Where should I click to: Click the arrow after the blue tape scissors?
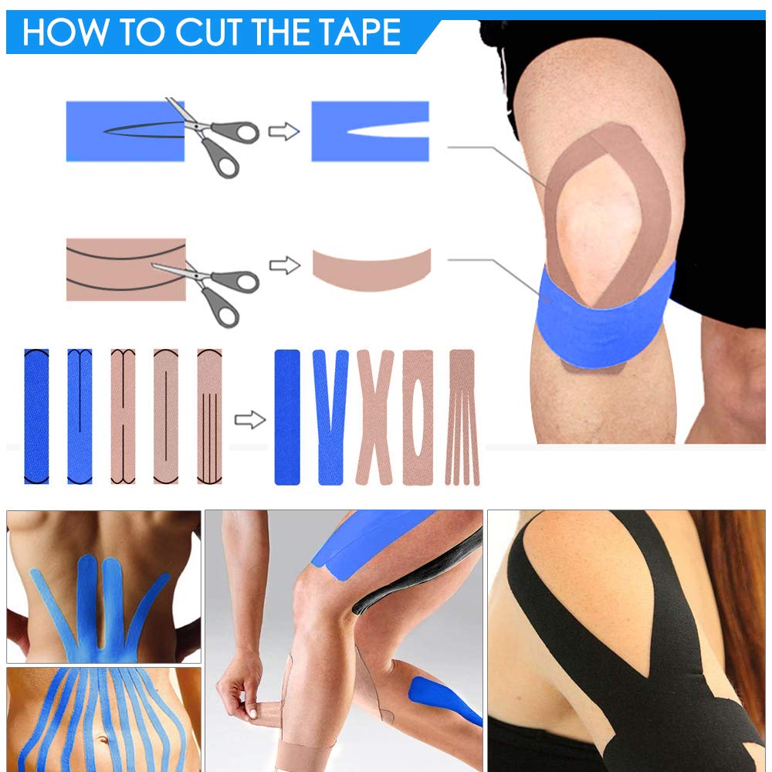click(x=283, y=132)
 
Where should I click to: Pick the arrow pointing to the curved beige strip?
click(x=283, y=266)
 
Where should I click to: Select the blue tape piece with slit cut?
click(x=369, y=131)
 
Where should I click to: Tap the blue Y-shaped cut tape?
click(x=330, y=417)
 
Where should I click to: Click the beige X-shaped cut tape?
click(x=374, y=417)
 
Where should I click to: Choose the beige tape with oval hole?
click(x=418, y=417)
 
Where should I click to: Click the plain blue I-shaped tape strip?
click(x=287, y=417)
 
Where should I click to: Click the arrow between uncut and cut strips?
click(x=249, y=420)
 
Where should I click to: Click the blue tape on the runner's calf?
click(x=436, y=695)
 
